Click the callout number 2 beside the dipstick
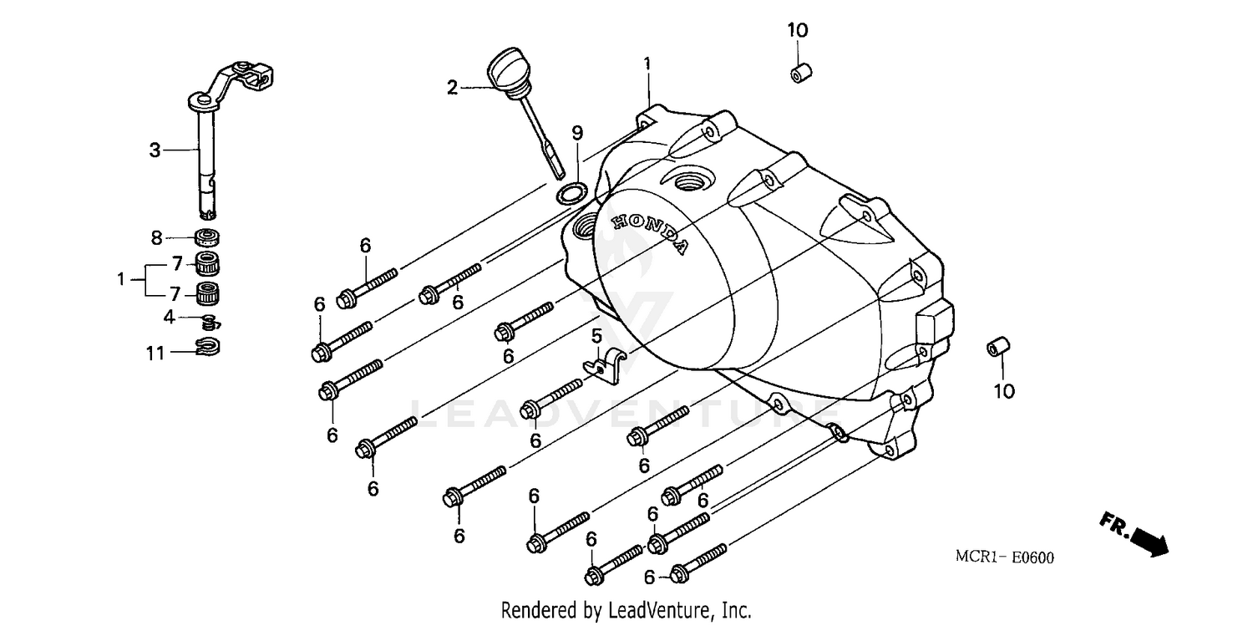pos(452,87)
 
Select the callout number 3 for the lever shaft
pos(155,150)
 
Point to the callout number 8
pos(156,238)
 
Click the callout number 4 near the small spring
pos(170,317)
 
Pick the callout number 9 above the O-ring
pos(577,133)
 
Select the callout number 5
pos(596,337)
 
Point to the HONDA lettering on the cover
pos(652,233)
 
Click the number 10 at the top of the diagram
pos(797,31)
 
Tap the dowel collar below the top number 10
pos(799,73)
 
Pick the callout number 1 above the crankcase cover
pos(647,64)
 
